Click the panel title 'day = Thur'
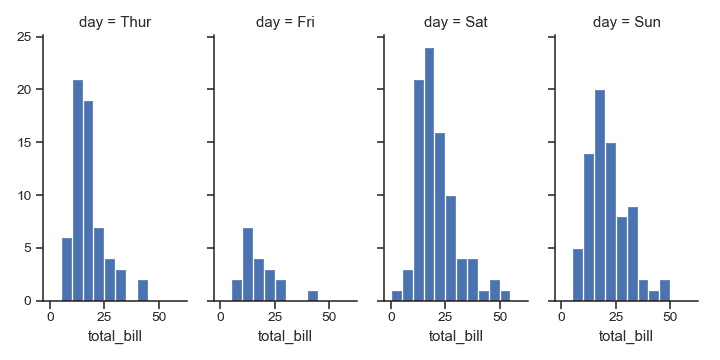click(115, 21)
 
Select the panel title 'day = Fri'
click(285, 21)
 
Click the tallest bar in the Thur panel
click(77, 190)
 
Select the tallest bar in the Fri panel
click(247, 264)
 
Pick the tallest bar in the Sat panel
click(429, 174)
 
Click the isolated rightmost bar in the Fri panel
click(313, 296)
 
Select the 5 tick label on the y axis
click(34, 248)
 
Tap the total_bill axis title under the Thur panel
click(115, 336)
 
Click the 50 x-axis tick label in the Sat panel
click(501, 316)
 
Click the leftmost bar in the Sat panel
click(397, 296)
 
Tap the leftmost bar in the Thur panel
click(66, 269)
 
